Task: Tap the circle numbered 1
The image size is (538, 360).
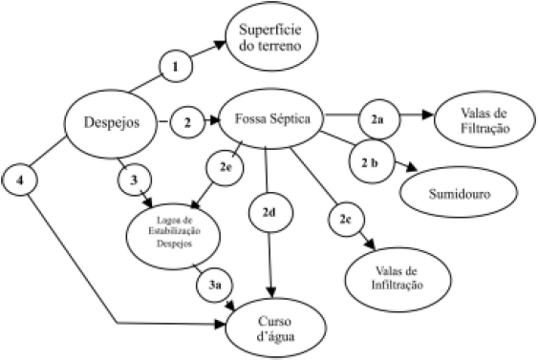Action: click(x=175, y=69)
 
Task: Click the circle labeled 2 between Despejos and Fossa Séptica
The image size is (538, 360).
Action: click(x=188, y=122)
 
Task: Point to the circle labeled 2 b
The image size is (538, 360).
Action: click(x=371, y=159)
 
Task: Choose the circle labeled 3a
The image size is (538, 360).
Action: click(x=213, y=284)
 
